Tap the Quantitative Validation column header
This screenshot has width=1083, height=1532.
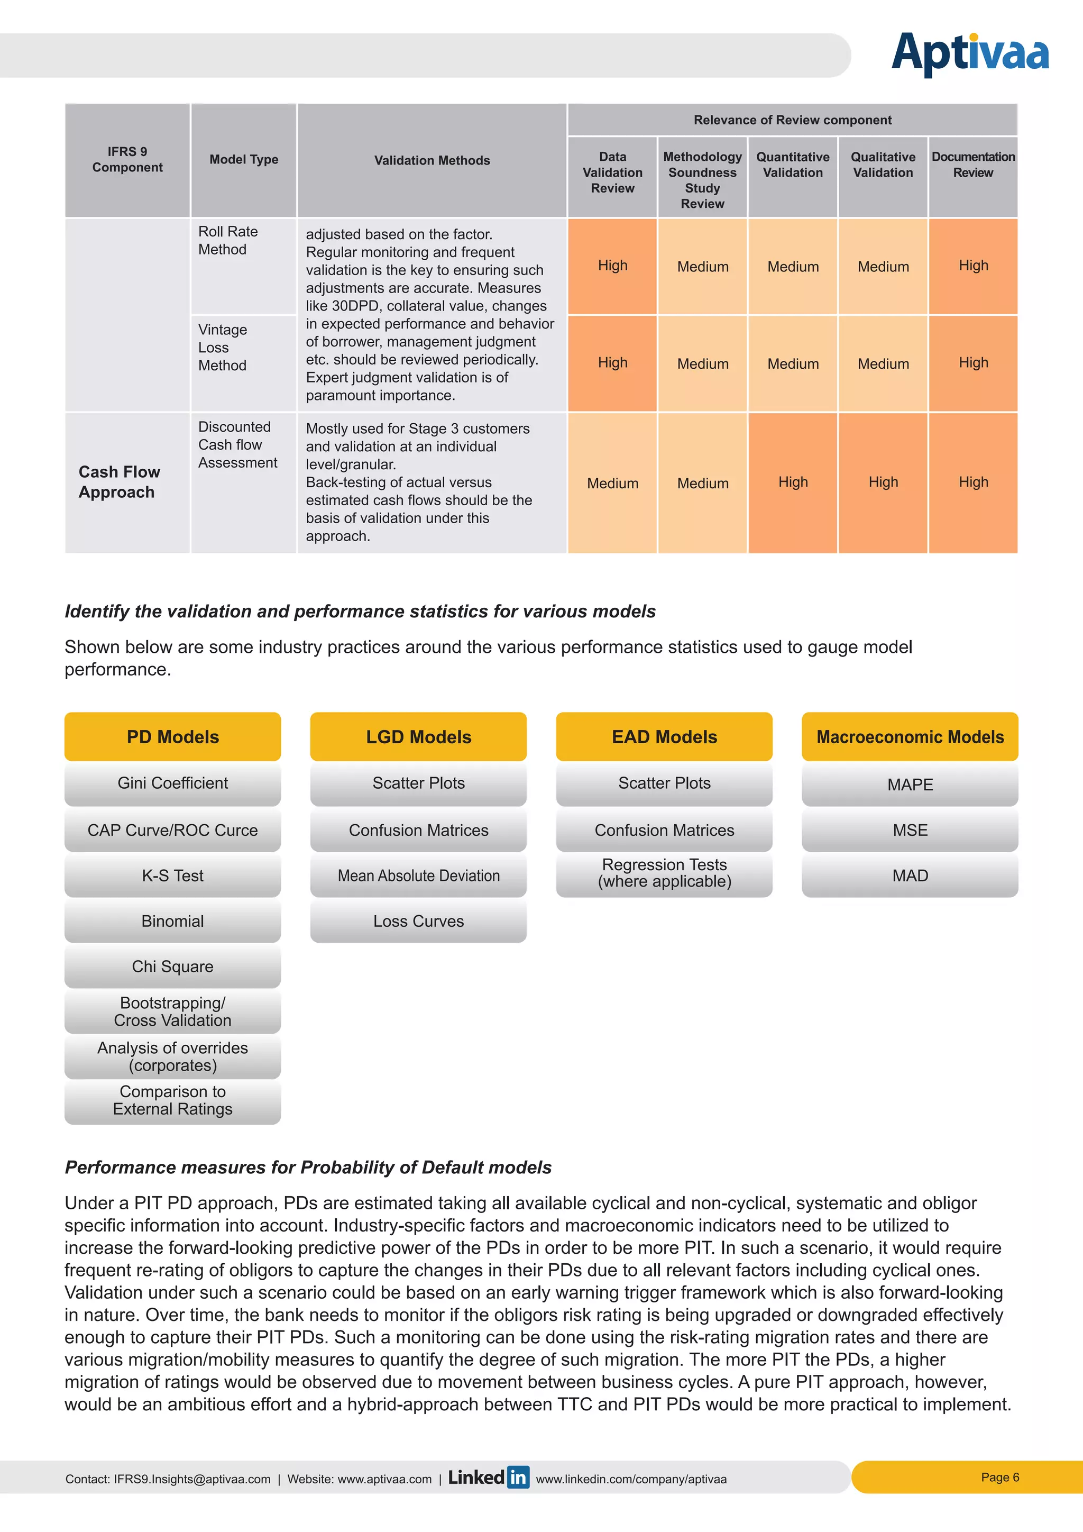pos(792,165)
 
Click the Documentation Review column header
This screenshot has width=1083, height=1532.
pos(973,165)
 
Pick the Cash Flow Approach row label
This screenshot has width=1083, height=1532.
pos(120,482)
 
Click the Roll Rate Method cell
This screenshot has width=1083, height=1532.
pos(228,241)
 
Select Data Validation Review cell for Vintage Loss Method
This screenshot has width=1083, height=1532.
pos(612,363)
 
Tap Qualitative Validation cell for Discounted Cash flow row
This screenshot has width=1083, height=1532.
pos(883,482)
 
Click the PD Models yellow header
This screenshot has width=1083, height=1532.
pos(173,737)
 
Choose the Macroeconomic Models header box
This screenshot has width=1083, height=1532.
pos(910,737)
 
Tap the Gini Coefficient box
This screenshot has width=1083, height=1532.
pos(173,783)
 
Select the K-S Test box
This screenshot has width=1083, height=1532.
pos(173,876)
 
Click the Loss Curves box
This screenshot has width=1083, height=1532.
pos(418,921)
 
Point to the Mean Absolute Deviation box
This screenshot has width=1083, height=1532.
pos(418,876)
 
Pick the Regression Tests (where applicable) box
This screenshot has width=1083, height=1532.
pos(664,873)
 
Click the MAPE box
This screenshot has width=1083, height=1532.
pos(910,785)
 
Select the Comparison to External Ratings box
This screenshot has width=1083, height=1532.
pos(173,1100)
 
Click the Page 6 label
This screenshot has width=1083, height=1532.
pos(999,1478)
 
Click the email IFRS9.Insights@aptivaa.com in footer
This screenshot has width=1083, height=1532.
pos(192,1479)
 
